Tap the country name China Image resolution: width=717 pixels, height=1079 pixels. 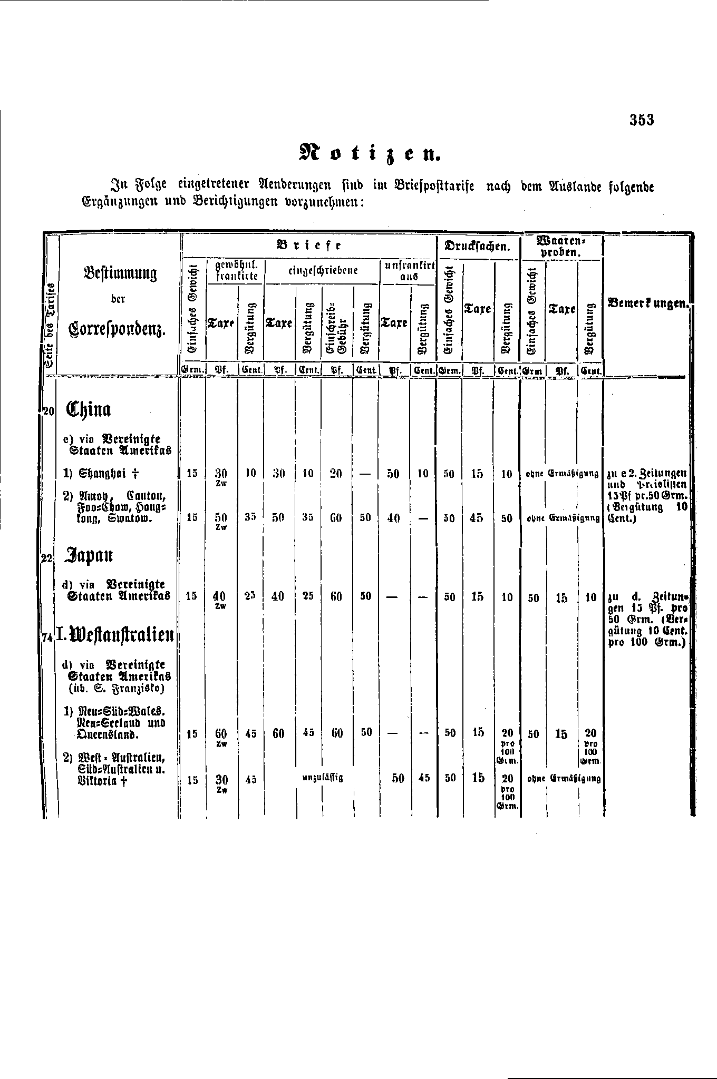(x=89, y=409)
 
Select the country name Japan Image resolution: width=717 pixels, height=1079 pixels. (x=89, y=556)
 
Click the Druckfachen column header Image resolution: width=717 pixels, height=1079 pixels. (x=478, y=246)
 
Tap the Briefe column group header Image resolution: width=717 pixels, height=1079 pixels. (x=309, y=245)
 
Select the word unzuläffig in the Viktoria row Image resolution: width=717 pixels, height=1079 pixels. (x=322, y=778)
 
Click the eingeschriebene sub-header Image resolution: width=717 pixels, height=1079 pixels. (x=323, y=271)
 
